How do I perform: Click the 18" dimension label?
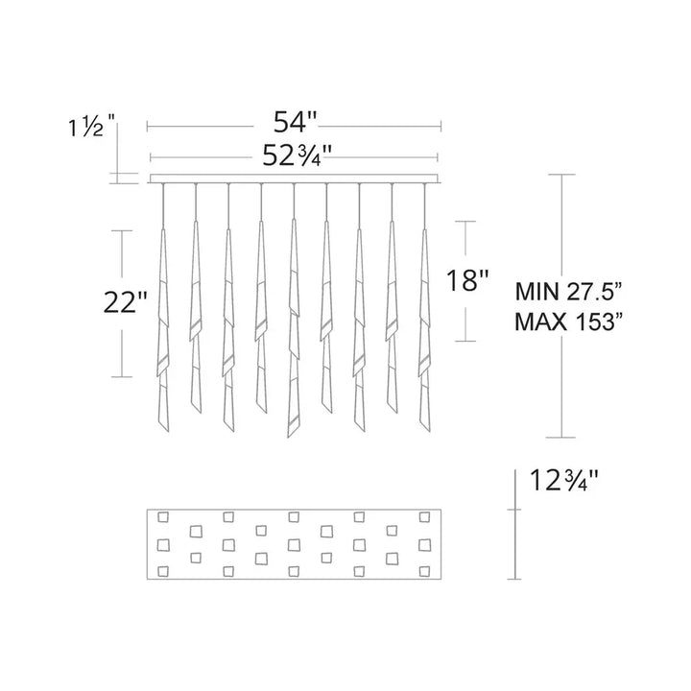coord(468,282)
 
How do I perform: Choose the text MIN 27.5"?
coord(570,288)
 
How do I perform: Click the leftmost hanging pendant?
coord(163,326)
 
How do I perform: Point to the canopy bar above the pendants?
coord(295,179)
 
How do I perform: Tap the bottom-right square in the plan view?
coord(422,572)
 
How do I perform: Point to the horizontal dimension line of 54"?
coord(211,125)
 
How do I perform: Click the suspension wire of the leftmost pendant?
coord(163,206)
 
